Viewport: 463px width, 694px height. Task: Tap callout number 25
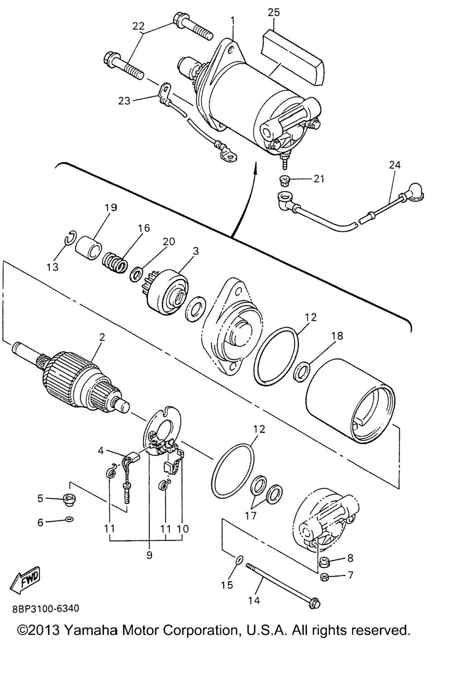[274, 12]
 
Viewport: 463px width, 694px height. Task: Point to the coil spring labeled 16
[114, 262]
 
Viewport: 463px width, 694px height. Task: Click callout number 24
[395, 165]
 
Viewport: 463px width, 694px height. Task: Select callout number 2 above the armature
[102, 337]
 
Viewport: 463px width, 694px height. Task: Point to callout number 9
[149, 555]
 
